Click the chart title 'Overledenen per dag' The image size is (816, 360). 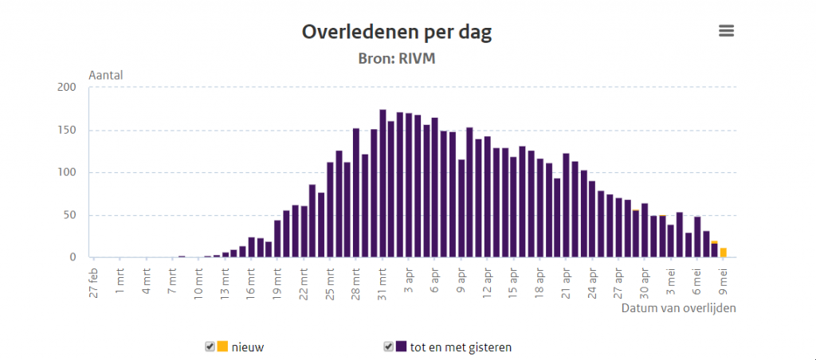[x=396, y=33]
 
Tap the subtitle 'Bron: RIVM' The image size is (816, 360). [x=396, y=58]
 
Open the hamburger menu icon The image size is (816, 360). [x=726, y=31]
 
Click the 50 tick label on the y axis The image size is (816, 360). [x=69, y=215]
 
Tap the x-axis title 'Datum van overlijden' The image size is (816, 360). [x=678, y=308]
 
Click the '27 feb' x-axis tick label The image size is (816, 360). [x=93, y=284]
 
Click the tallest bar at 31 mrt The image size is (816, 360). [x=382, y=183]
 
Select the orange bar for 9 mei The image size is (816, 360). [x=724, y=252]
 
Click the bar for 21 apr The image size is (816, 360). [x=566, y=205]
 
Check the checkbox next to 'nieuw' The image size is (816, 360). [x=210, y=346]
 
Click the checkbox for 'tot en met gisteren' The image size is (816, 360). [x=389, y=346]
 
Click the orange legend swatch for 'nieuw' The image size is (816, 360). [x=222, y=346]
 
